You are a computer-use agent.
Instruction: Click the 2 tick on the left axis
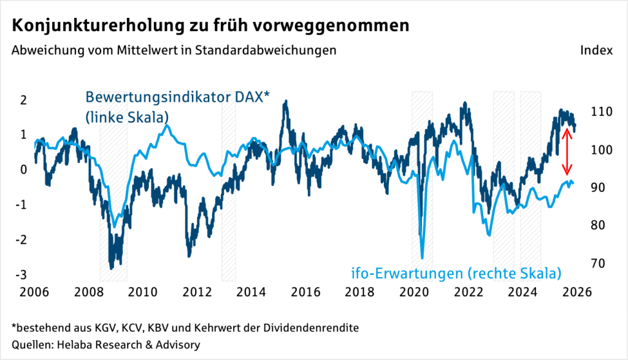pyautogui.click(x=25, y=101)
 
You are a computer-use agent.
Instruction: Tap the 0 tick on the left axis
pyautogui.click(x=25, y=170)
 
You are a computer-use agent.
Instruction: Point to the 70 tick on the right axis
pyautogui.click(x=599, y=264)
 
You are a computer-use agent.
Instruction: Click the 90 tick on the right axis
pyautogui.click(x=599, y=188)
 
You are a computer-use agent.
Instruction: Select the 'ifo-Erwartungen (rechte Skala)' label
pyautogui.click(x=456, y=272)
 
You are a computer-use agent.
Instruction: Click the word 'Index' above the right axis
pyautogui.click(x=596, y=50)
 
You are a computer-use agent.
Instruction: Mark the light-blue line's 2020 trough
pyautogui.click(x=423, y=258)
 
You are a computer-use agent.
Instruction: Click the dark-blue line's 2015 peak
pyautogui.click(x=285, y=103)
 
